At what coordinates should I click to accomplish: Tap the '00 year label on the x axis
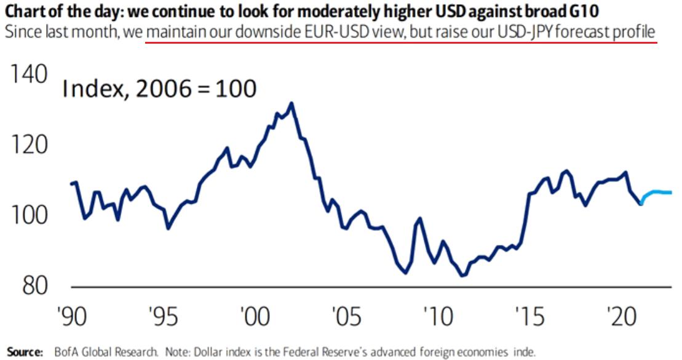click(252, 319)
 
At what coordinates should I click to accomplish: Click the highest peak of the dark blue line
click(291, 103)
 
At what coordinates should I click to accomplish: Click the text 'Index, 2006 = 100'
click(159, 89)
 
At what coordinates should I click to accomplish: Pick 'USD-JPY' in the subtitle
click(525, 31)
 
